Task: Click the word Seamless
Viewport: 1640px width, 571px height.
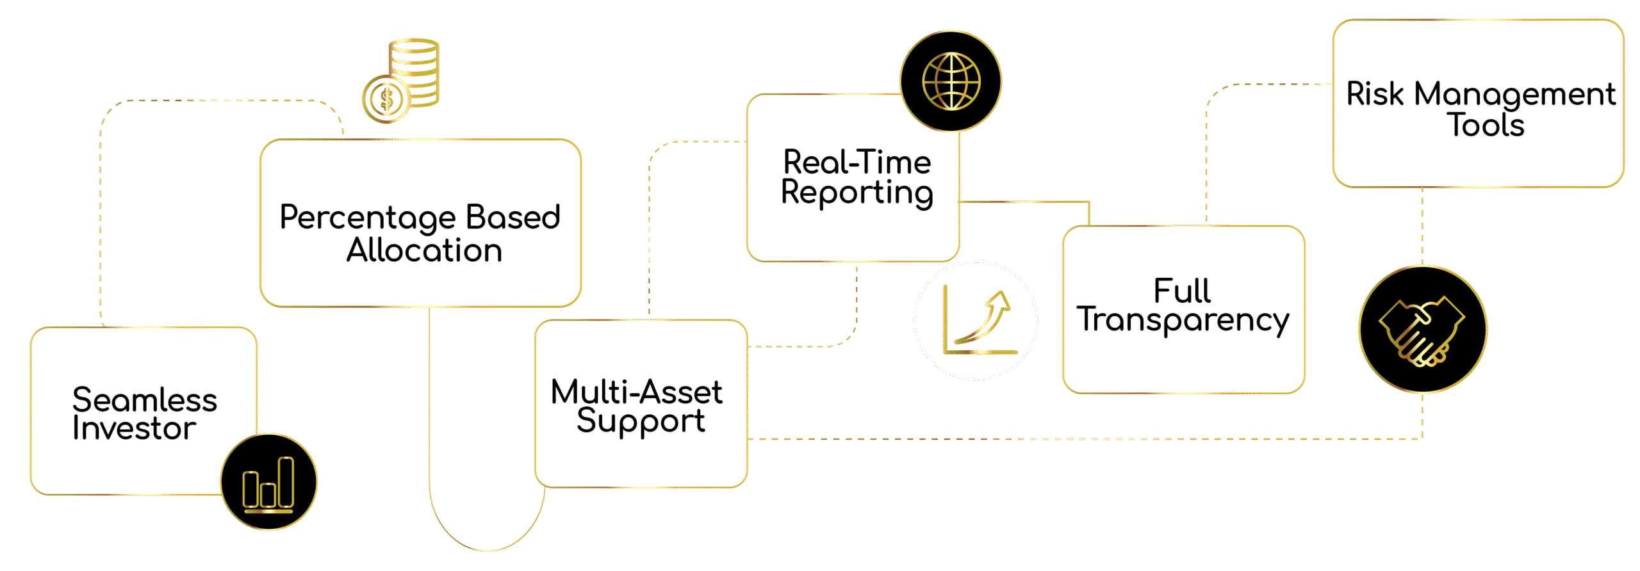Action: point(145,400)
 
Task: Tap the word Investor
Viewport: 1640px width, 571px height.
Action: point(134,428)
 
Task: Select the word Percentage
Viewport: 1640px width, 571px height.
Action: point(368,218)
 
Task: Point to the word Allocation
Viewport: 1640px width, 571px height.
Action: point(424,250)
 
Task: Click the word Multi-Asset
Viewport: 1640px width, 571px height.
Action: point(636,392)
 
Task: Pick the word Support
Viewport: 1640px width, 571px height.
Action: point(641,421)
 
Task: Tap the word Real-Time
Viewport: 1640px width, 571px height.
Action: point(857,162)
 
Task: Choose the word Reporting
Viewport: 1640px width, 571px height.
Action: point(857,193)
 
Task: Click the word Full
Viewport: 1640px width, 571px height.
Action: point(1182,291)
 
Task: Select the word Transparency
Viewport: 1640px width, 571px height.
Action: point(1183,319)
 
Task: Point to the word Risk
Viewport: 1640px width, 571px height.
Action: point(1375,94)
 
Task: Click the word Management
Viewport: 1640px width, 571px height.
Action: point(1514,95)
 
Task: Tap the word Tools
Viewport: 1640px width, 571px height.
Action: point(1486,124)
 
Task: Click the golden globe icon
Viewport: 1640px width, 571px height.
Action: point(951,81)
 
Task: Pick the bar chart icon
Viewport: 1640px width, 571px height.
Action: point(269,483)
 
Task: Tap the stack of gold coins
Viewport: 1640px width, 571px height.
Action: point(402,81)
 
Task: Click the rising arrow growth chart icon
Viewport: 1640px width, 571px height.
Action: point(976,321)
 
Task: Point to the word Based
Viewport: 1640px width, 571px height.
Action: point(513,217)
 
